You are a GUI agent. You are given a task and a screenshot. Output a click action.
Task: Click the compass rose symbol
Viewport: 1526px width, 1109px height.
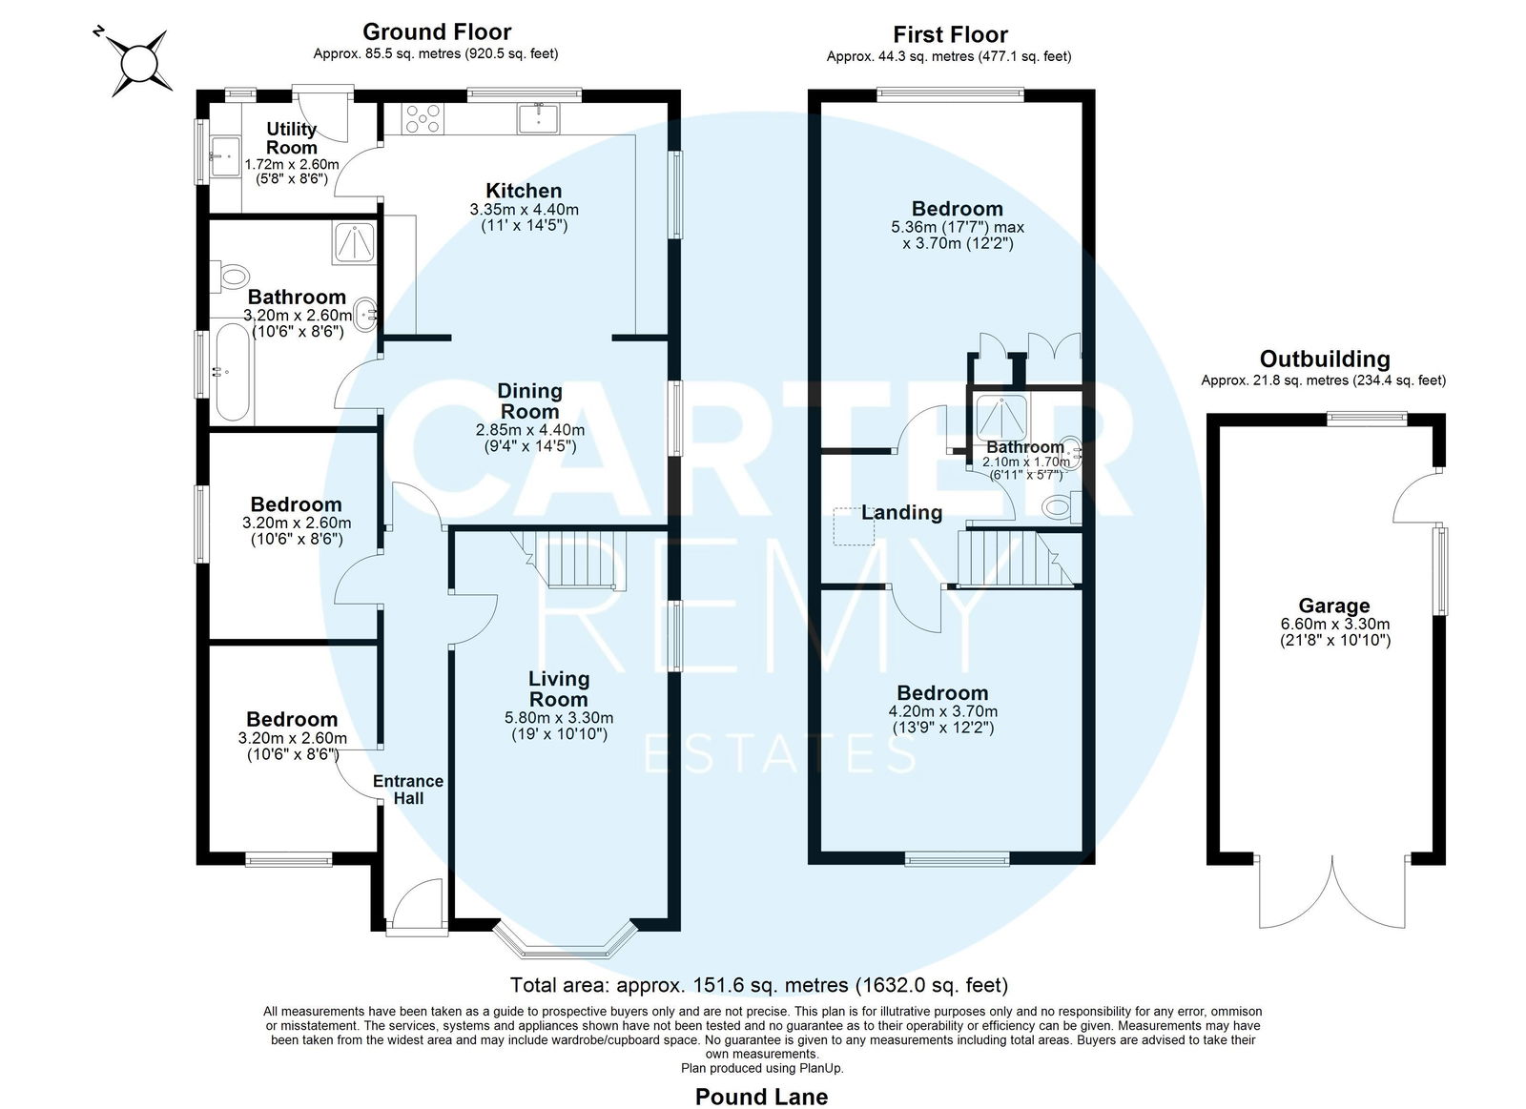coord(139,63)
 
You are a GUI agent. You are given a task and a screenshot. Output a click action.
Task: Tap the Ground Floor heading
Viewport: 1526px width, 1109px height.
coord(437,31)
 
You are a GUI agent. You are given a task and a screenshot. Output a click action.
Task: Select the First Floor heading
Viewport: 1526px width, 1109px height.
coord(950,34)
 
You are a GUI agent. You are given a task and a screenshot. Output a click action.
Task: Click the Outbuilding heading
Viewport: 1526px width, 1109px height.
coord(1325,359)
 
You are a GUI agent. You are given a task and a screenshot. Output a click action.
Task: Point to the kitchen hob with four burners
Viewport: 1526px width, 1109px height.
coord(423,118)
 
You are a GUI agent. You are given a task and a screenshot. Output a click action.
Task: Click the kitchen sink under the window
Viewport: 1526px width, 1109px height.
coord(538,118)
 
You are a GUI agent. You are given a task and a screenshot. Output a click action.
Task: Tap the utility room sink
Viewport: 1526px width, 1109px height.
coord(225,156)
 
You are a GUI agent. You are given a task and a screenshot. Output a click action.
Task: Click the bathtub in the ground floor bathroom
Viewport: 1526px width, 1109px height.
coord(233,373)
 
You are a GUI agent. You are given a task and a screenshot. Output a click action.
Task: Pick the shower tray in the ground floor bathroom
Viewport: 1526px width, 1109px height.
coord(354,242)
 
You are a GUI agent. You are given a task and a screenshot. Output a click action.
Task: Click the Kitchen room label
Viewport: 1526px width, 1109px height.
coord(524,191)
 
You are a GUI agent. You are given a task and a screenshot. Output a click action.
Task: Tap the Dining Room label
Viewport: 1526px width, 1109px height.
coord(529,401)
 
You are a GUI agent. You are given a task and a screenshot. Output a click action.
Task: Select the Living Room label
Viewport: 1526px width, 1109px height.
coord(559,688)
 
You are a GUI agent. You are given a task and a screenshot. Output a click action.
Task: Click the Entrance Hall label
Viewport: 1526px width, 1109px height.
coord(408,790)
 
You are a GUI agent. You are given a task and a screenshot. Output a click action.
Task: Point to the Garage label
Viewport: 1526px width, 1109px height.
coord(1334,606)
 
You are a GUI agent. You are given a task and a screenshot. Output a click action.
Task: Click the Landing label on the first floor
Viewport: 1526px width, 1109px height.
coord(901,512)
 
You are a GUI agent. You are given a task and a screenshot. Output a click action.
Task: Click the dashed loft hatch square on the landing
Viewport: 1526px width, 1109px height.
coord(855,526)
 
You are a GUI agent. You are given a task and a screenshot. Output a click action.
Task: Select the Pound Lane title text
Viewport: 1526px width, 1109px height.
coord(761,1097)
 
